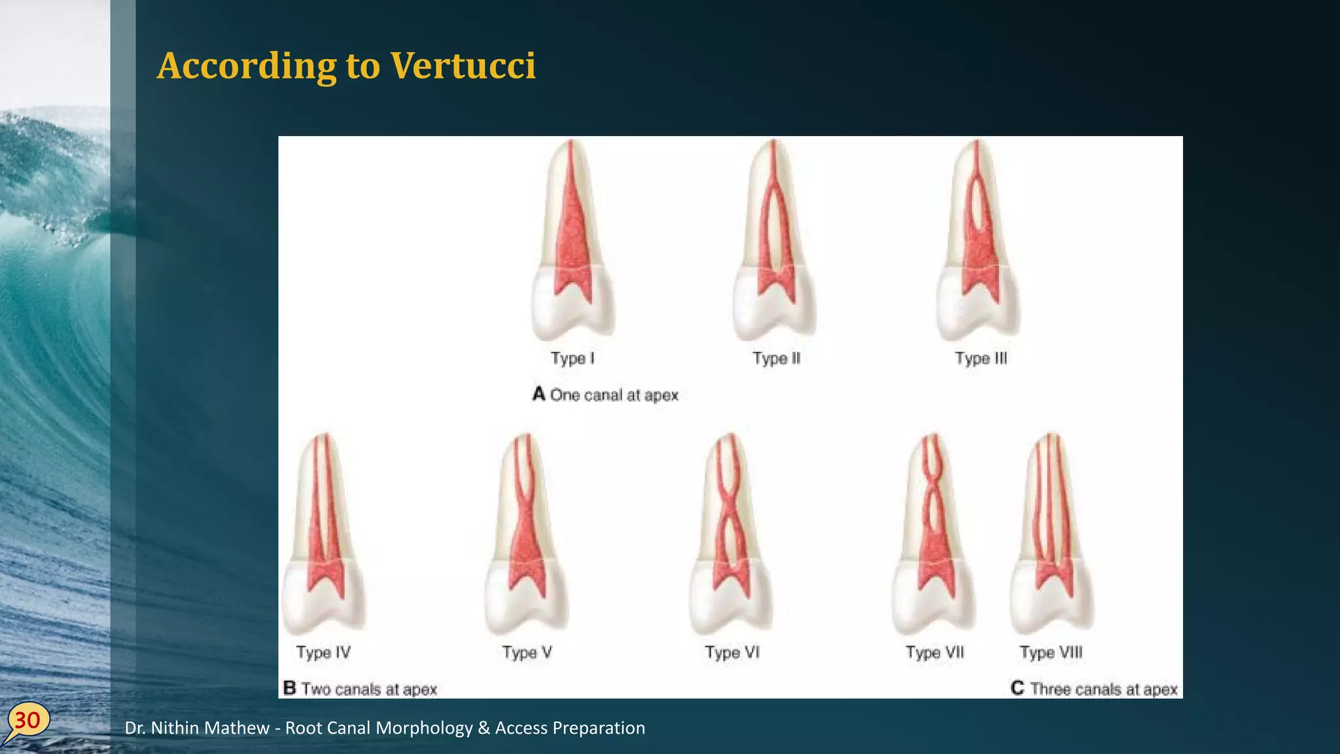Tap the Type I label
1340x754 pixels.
(x=573, y=359)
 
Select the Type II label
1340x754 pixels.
(x=776, y=359)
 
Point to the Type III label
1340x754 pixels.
(x=981, y=359)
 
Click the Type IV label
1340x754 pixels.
(x=323, y=653)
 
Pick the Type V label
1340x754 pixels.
(x=527, y=653)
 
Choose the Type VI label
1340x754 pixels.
(x=732, y=653)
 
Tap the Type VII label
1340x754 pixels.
(x=934, y=653)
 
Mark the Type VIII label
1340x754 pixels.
(x=1051, y=653)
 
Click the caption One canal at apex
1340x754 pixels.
(x=614, y=395)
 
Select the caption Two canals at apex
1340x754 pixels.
(x=368, y=689)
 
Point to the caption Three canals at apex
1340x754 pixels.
(x=1103, y=689)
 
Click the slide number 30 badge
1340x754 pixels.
(x=27, y=721)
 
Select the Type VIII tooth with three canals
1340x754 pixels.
(x=1051, y=533)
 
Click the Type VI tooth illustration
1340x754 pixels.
(x=730, y=533)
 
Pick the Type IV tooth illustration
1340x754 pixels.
(x=323, y=533)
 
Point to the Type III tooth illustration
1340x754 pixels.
(x=978, y=242)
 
